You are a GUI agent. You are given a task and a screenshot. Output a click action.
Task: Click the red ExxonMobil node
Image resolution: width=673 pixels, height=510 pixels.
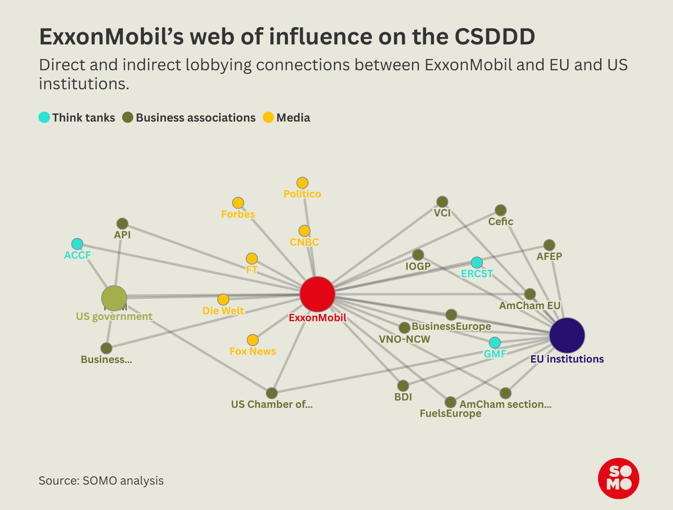coord(318,294)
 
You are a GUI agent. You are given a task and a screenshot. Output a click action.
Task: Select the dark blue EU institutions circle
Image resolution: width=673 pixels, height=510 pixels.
coord(567,335)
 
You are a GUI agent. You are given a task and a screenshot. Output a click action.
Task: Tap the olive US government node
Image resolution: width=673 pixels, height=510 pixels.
coord(114,298)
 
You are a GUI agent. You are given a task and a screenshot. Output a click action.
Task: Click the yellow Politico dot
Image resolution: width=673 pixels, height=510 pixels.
coord(302,183)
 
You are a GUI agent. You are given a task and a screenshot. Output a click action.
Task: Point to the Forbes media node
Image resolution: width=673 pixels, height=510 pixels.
coord(238,203)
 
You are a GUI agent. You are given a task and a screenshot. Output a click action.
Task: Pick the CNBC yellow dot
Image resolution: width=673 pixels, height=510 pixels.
coord(304,231)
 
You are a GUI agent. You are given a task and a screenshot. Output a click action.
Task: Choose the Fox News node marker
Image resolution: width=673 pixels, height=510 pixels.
coord(253,340)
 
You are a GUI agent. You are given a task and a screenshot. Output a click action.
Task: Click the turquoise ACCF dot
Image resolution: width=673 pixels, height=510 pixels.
coord(77,244)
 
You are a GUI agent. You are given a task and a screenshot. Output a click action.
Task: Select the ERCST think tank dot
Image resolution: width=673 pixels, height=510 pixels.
coord(477,262)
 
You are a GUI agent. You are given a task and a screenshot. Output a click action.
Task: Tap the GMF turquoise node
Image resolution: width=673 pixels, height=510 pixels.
coord(495,343)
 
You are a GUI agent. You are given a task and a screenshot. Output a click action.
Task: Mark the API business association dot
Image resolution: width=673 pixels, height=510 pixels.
coord(123,224)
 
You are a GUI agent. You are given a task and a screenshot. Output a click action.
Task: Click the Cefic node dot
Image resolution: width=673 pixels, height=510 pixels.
coord(500,210)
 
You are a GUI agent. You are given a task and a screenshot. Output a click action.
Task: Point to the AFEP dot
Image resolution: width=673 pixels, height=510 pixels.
coord(549,245)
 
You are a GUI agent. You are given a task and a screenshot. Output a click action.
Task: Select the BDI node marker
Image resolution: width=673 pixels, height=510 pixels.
coord(403,386)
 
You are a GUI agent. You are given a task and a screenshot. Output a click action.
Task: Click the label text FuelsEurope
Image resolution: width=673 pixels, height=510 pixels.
coord(450,413)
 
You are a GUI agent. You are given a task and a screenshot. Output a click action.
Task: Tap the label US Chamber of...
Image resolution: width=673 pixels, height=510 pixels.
coord(271,404)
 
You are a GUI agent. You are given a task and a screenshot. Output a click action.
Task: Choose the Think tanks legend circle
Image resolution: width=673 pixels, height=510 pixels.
coord(44,117)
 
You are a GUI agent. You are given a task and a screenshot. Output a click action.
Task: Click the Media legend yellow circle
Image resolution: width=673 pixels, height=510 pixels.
coord(268,117)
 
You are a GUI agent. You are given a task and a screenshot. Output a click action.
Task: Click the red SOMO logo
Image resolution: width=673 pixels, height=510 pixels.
coord(618,478)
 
